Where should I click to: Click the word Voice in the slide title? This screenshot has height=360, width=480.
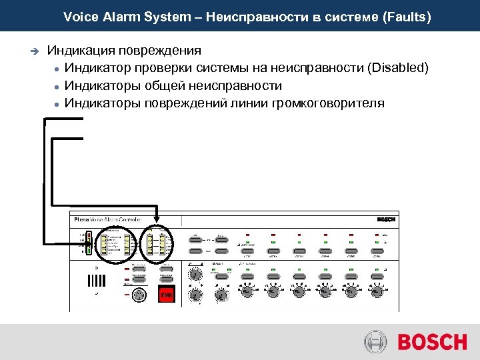tap(78, 17)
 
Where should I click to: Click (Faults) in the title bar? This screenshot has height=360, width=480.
tap(407, 17)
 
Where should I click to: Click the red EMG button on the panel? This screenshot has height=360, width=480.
tap(166, 295)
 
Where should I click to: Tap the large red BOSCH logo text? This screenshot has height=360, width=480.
tap(432, 343)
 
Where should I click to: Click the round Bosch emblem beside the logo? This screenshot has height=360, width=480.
tap(375, 343)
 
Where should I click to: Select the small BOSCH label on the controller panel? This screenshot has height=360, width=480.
tap(386, 219)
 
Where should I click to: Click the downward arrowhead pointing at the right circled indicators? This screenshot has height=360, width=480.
tap(157, 219)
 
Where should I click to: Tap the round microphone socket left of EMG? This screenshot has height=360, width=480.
tap(139, 295)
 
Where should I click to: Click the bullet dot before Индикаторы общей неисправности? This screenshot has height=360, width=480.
tap(59, 86)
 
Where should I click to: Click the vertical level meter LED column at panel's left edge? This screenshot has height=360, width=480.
tap(89, 243)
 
